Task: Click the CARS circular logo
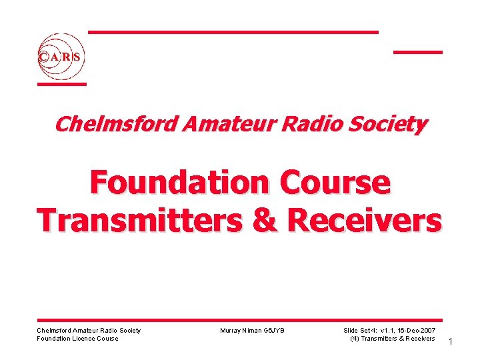click(x=61, y=57)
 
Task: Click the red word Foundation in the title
click(x=175, y=183)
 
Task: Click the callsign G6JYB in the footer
click(x=274, y=331)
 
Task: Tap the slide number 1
click(x=451, y=342)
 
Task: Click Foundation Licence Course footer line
click(x=77, y=339)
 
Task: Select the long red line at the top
click(x=233, y=32)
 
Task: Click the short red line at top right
click(x=417, y=51)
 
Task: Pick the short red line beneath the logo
click(x=61, y=84)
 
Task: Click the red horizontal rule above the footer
click(x=239, y=320)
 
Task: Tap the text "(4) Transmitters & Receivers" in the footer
click(x=392, y=339)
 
